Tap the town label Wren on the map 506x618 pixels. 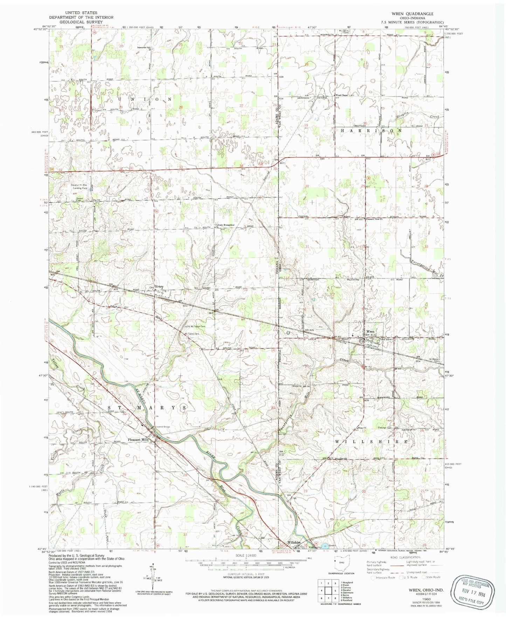coord(370,331)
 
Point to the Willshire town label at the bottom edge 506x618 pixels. coord(294,542)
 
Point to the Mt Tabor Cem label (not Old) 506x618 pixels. coord(192,334)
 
